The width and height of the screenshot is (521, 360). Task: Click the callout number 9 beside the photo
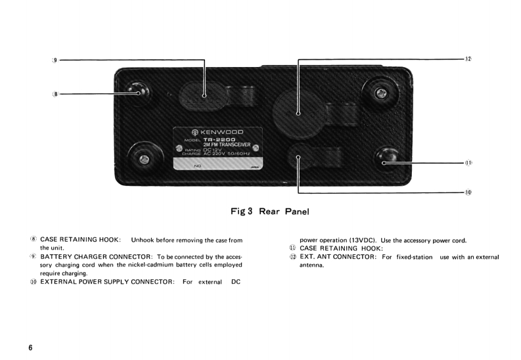55,60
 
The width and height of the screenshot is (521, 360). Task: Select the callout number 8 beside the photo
55,94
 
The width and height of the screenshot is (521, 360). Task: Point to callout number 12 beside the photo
468,59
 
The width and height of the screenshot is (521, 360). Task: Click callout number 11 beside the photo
468,162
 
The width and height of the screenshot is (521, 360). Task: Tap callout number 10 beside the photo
468,192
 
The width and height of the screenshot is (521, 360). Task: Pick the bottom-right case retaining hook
384,160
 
